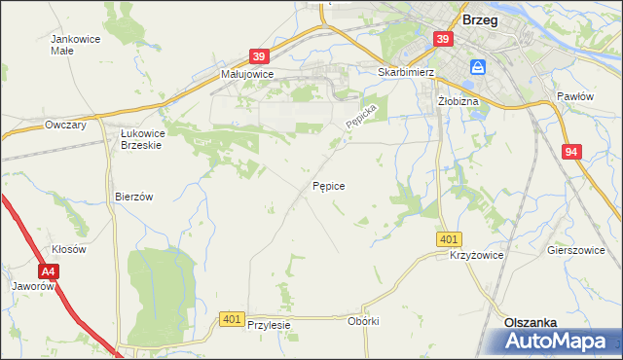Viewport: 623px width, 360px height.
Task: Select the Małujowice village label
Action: tap(247, 74)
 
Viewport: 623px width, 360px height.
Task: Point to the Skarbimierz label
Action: tap(406, 72)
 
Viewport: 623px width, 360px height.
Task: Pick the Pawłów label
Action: tap(574, 96)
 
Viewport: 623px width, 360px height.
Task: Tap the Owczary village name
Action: tap(66, 125)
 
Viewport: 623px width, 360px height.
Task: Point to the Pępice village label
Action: tap(328, 185)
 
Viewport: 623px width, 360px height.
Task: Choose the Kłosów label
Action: tap(69, 249)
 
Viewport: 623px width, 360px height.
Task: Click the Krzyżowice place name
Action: tap(475, 255)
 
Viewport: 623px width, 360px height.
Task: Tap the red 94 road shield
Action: tap(572, 152)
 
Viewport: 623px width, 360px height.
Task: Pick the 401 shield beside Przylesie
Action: tap(232, 318)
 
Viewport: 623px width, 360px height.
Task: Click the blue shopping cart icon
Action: tap(478, 67)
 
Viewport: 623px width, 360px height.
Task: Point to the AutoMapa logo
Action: tap(561, 341)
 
